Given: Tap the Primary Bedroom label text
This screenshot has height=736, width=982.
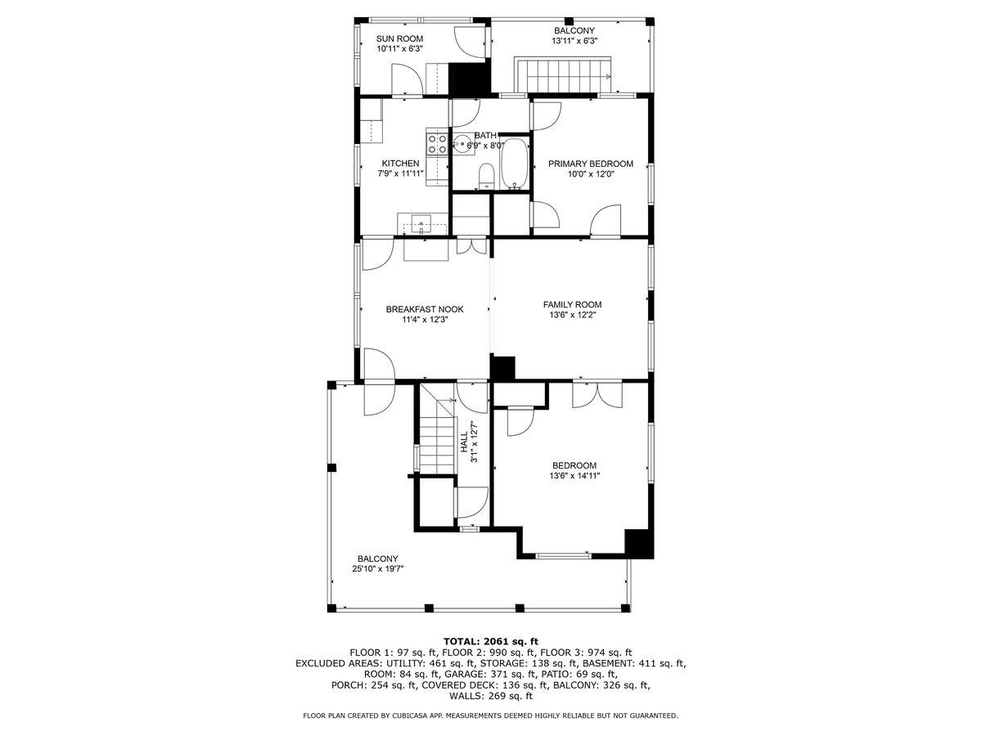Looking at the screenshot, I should click(590, 164).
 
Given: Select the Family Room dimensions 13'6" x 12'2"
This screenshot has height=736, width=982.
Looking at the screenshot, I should click(572, 315).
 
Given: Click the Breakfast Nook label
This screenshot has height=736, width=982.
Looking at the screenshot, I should click(425, 309).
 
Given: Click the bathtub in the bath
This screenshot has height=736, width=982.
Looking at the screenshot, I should click(516, 164).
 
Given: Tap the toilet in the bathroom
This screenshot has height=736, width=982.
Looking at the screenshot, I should click(486, 175).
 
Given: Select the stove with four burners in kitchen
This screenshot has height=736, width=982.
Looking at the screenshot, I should click(436, 144).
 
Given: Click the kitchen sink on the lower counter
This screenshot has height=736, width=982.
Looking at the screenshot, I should click(422, 221).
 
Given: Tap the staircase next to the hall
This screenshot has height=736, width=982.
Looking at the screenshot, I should click(435, 433).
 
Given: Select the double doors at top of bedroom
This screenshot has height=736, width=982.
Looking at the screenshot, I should click(597, 394).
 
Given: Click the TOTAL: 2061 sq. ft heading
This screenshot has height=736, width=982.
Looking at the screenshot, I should click(490, 641).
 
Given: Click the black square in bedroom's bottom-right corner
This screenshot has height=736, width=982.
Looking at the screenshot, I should click(639, 543).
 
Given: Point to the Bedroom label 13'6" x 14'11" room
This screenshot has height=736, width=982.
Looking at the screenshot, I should click(573, 465).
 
